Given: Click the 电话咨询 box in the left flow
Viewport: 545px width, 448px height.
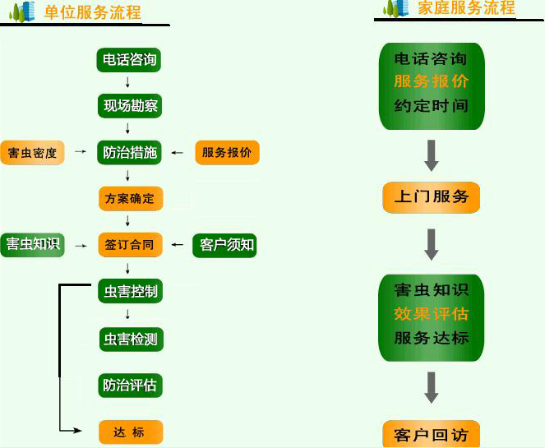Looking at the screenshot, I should (129, 61).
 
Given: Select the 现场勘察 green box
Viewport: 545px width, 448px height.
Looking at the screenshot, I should (129, 106).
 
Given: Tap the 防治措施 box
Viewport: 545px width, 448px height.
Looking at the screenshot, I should (129, 152).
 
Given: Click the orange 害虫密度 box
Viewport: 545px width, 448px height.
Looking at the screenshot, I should (32, 153).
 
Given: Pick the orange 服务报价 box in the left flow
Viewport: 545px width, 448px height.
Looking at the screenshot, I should (226, 152).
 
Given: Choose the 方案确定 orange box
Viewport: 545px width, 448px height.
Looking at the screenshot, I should (129, 198).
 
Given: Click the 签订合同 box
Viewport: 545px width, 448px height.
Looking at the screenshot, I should (129, 244).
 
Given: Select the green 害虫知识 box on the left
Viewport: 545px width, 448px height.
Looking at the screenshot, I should (32, 244).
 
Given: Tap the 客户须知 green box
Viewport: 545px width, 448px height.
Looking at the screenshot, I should (225, 245).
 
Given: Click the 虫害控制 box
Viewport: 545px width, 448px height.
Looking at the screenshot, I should (129, 291).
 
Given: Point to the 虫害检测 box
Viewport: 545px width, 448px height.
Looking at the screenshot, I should (129, 338).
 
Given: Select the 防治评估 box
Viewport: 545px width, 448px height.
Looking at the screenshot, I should (129, 385).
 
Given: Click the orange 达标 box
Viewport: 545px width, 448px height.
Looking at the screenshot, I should (130, 432).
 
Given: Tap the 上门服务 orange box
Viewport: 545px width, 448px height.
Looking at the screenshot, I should (431, 197).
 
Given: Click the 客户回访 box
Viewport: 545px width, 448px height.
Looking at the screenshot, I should (431, 434).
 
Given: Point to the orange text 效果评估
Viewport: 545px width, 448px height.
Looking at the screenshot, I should (431, 314).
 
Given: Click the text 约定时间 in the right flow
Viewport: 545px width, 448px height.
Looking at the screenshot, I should (431, 106).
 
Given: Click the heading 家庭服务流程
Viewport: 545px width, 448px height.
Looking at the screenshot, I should (466, 8).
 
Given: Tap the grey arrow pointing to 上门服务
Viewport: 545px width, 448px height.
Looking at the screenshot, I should (431, 154).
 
